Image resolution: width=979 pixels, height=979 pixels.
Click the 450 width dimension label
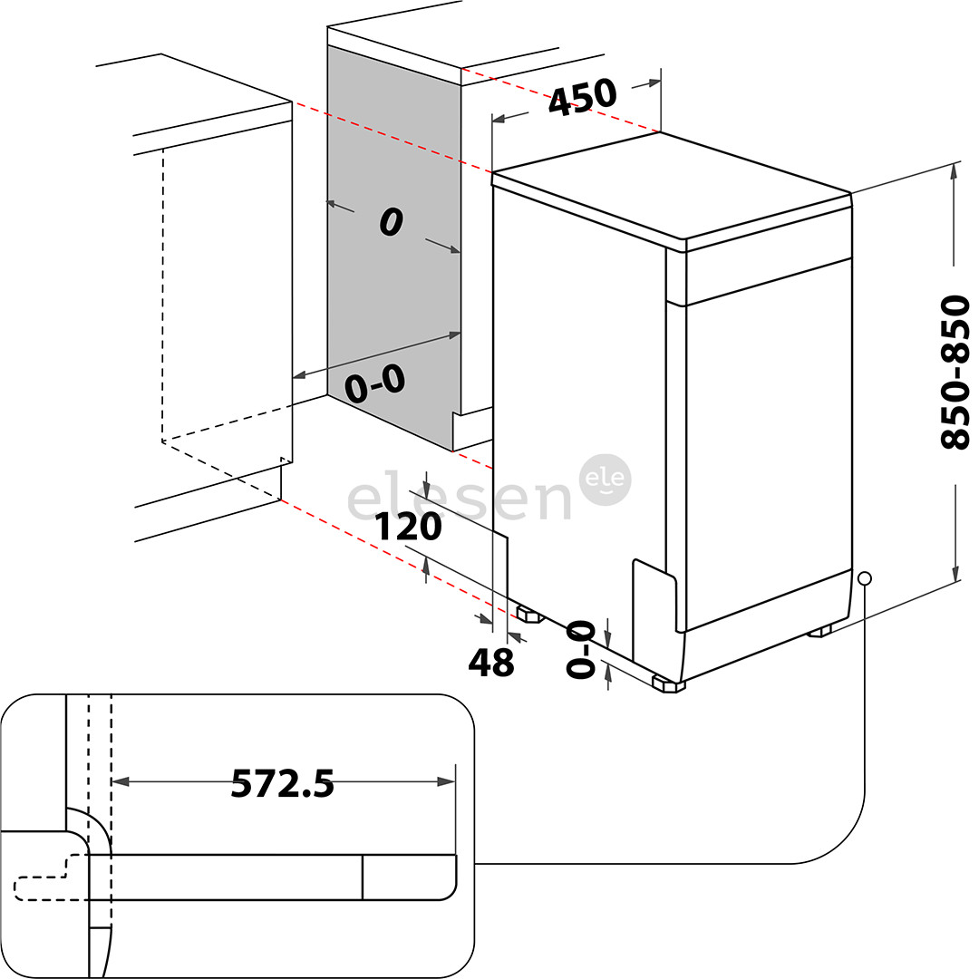coord(583,97)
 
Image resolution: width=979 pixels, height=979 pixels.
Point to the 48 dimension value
coord(490,664)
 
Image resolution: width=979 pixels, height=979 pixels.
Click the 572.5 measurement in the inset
coord(282,783)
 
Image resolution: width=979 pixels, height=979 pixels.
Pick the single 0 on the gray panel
coord(392,222)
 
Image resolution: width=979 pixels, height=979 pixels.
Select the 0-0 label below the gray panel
coord(373,385)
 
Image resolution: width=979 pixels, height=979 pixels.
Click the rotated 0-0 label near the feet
coord(580,649)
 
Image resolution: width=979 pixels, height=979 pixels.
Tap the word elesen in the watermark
coord(460,498)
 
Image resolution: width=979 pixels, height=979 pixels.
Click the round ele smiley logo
coord(606,480)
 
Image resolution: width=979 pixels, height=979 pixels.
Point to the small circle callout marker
coord(864,578)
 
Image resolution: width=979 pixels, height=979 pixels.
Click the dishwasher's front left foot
coord(668,684)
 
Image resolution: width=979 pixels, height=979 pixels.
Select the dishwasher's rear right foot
coord(819,631)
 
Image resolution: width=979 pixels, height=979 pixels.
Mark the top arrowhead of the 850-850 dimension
coord(954,171)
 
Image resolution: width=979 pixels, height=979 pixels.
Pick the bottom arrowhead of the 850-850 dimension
coord(955,574)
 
